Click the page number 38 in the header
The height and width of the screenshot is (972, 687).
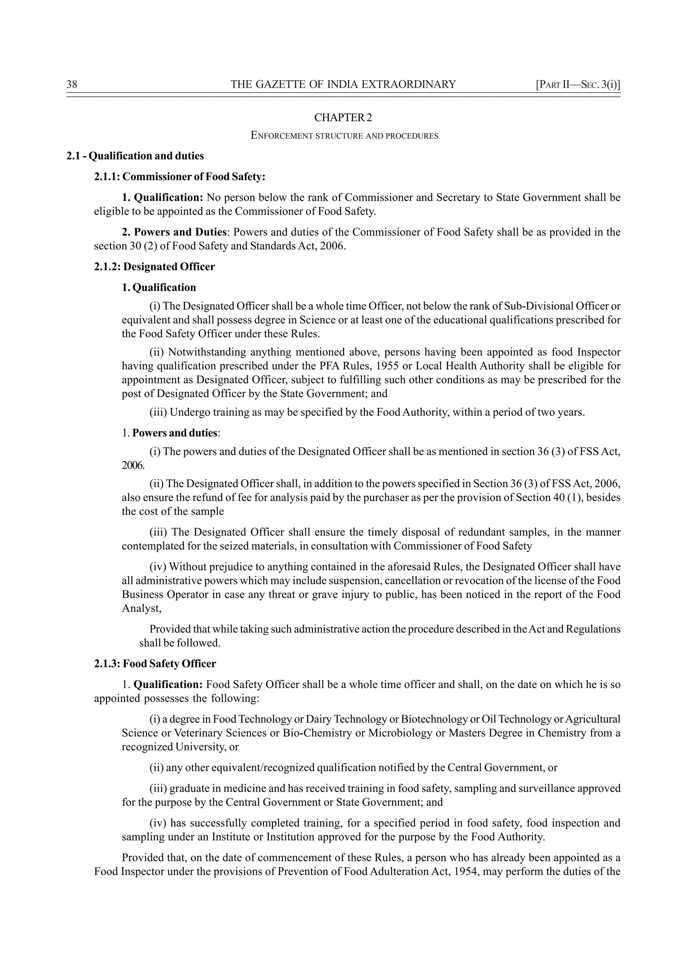[x=72, y=85]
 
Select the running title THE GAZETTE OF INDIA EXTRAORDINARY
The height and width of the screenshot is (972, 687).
[x=343, y=85]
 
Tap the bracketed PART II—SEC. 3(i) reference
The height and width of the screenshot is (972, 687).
[x=578, y=85]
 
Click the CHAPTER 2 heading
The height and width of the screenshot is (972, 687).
[x=343, y=118]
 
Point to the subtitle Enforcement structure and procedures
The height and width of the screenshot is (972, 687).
[x=345, y=136]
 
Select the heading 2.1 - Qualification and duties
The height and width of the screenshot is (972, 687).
[x=135, y=156]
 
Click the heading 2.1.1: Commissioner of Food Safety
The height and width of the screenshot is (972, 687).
[x=179, y=177]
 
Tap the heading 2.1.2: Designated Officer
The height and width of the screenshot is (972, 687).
[x=155, y=267]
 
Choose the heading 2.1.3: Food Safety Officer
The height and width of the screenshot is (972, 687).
[x=155, y=664]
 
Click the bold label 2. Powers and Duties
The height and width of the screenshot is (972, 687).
[x=174, y=232]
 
